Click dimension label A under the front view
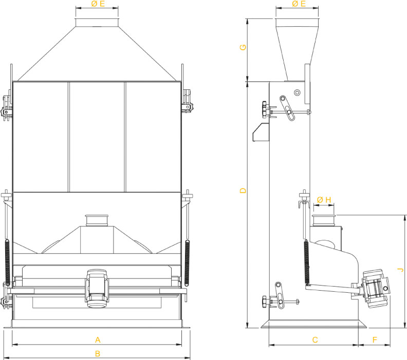point(98,340)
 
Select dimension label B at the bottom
point(98,353)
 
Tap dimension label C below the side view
point(315,340)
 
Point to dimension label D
point(243,191)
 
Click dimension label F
point(375,340)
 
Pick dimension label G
point(243,47)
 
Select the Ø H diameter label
point(324,200)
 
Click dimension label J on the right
point(401,270)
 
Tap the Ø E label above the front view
point(98,4)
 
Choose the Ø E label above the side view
point(299,4)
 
